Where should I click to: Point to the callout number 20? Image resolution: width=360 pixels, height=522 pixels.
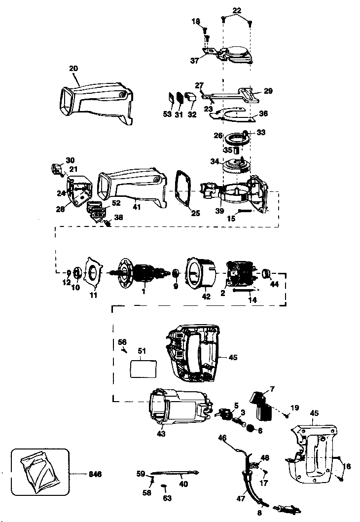[x=74, y=68]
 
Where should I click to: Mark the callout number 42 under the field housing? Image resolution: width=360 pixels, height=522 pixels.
[x=206, y=297]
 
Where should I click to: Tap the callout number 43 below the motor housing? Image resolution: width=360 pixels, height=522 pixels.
[x=161, y=434]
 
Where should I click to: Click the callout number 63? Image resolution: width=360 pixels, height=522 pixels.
[x=167, y=498]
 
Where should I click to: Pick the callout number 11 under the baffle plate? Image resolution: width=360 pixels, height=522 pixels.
[x=93, y=295]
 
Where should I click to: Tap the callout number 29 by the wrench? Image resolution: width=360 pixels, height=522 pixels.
[x=268, y=91]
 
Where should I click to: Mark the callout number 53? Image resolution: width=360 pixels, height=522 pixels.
[x=168, y=114]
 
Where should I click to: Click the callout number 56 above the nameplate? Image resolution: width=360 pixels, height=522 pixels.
[x=122, y=341]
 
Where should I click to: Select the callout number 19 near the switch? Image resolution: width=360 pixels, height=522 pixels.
[x=295, y=408]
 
